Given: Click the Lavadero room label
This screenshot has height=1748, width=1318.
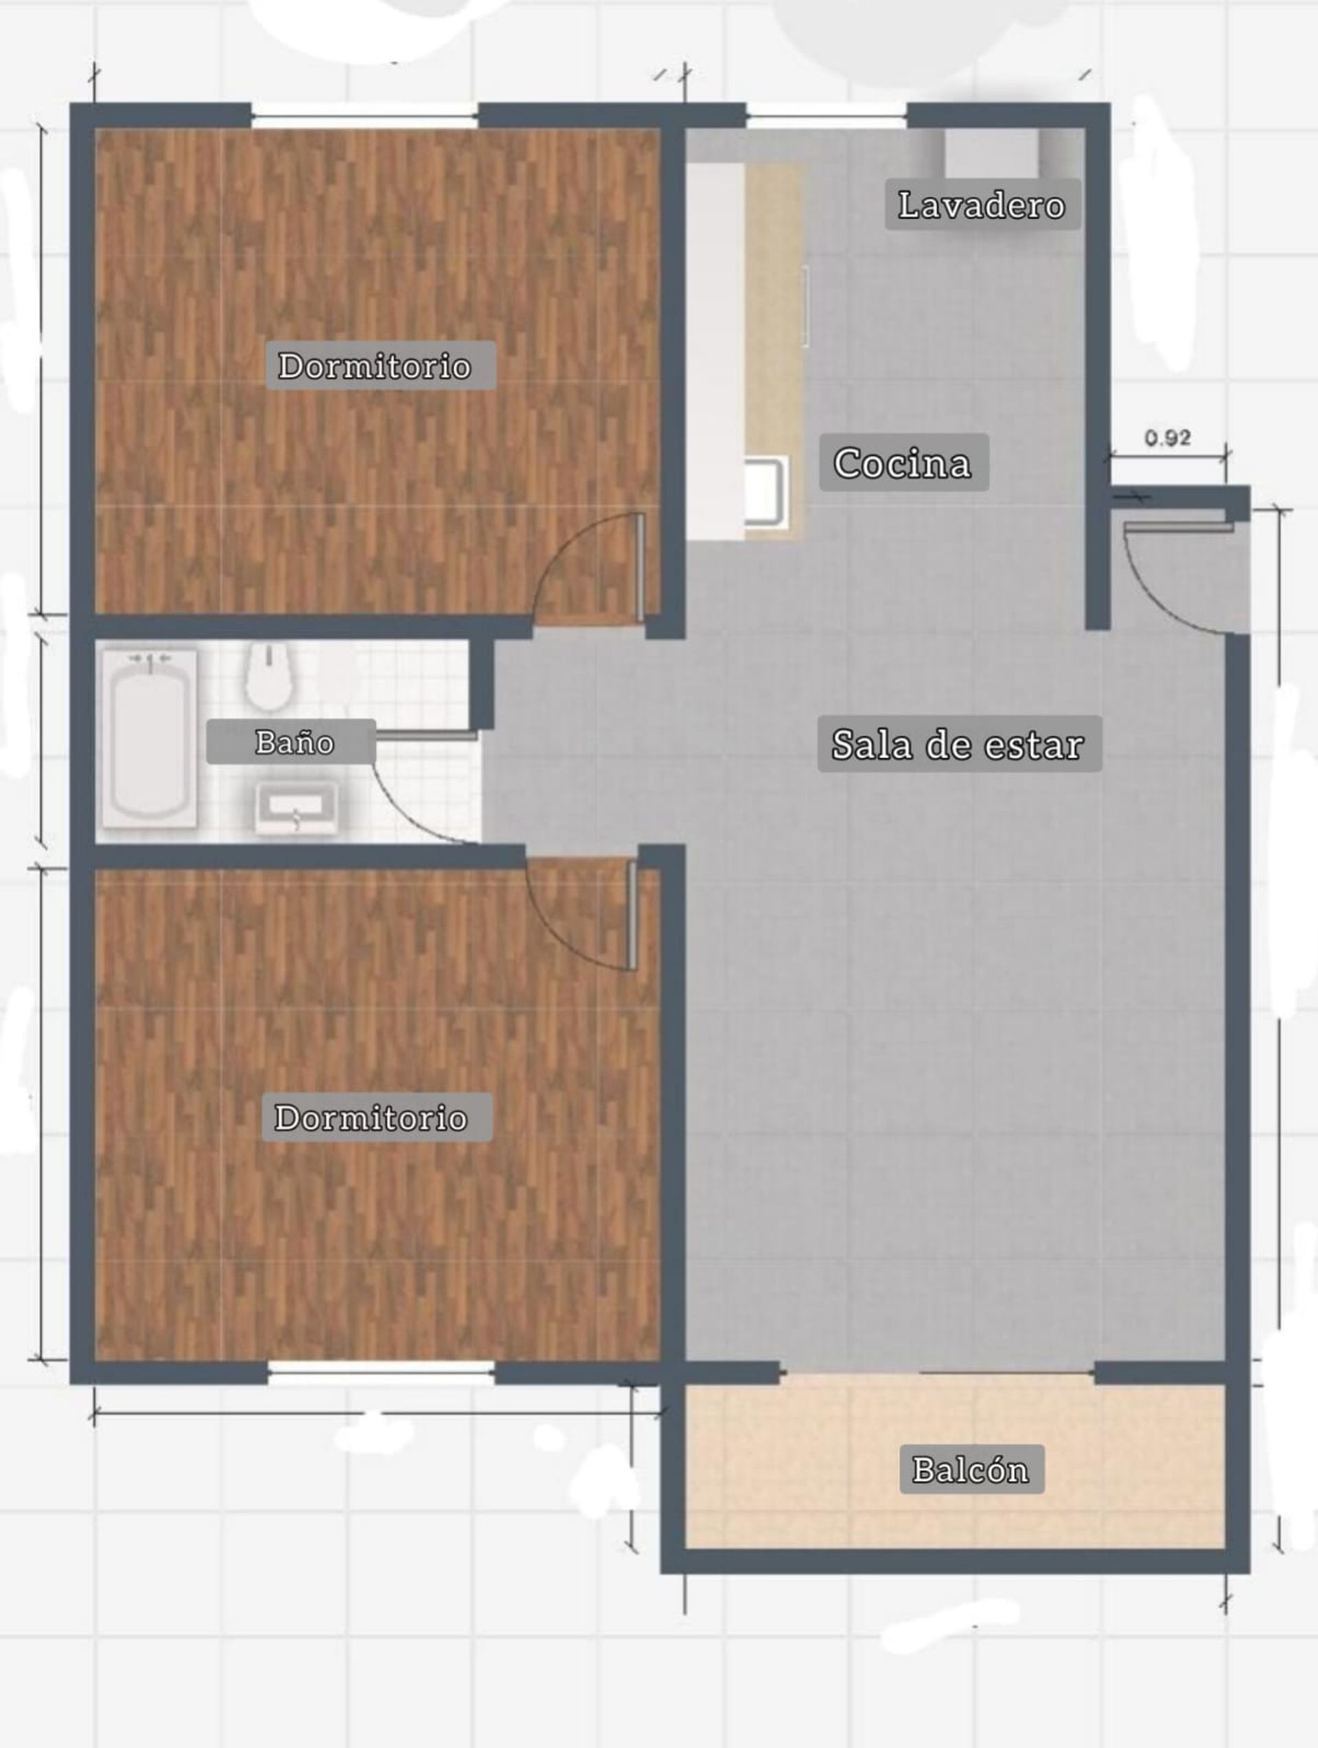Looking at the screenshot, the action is click(982, 205).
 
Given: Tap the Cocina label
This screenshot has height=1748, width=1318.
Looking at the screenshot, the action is click(903, 462).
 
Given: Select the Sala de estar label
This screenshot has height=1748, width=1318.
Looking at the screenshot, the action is click(958, 744).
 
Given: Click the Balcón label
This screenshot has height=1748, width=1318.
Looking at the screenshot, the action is click(972, 1469).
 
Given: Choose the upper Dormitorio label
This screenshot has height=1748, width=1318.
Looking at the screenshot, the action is click(375, 365).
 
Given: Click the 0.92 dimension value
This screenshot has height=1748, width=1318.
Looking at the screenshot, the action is click(1168, 437).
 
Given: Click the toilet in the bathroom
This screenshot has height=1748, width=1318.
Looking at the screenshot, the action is click(270, 676).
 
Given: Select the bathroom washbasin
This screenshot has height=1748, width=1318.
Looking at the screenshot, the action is click(297, 807).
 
